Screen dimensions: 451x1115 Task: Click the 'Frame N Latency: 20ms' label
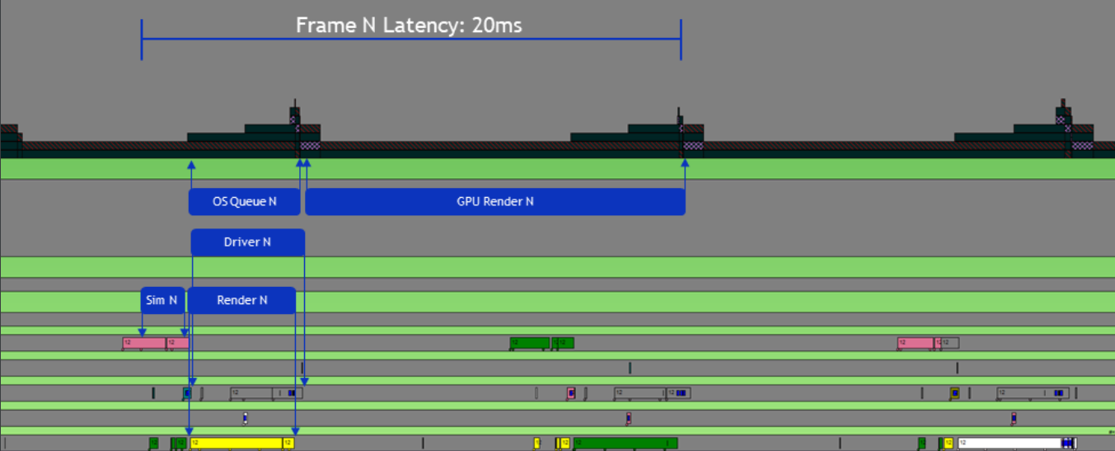[x=409, y=26]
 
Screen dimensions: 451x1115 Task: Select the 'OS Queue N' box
[x=244, y=202]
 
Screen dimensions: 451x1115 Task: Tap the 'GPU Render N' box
[x=494, y=202]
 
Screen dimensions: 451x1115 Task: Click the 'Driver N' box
[x=247, y=242]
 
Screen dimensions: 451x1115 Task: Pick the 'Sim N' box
[x=162, y=300]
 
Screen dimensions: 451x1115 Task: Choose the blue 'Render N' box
[x=241, y=300]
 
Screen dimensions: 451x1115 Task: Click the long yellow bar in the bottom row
[x=237, y=443]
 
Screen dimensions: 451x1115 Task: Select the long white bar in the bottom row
[x=1009, y=443]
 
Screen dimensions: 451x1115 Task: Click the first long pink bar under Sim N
[x=143, y=342]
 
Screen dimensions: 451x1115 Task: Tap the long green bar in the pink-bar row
[x=529, y=342]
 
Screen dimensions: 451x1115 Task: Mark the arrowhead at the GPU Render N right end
[x=685, y=163]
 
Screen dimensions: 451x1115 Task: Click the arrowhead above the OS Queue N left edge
[x=191, y=164]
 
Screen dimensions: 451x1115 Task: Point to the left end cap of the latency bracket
[x=142, y=39]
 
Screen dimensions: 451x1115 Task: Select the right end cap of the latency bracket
[x=681, y=39]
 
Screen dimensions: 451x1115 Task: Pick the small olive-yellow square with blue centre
[x=954, y=393]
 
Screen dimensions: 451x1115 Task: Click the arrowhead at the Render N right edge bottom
[x=295, y=431]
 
